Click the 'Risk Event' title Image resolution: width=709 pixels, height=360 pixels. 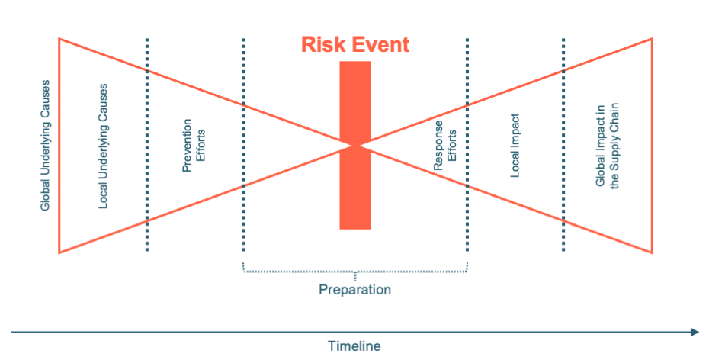[x=355, y=45]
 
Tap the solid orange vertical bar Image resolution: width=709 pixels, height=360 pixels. [x=355, y=145]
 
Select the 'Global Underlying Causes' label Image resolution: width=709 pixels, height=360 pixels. [x=45, y=145]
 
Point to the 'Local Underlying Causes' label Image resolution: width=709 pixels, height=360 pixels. [x=103, y=146]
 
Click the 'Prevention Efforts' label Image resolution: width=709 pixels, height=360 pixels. [x=194, y=145]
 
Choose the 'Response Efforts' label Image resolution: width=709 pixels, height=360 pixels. [x=445, y=145]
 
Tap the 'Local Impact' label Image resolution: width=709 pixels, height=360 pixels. [x=515, y=145]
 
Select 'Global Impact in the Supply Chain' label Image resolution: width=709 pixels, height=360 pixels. [x=607, y=145]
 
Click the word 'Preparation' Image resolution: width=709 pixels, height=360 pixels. [x=355, y=289]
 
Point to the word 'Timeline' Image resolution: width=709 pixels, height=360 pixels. [x=354, y=346]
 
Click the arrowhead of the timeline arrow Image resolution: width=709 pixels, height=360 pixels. [x=695, y=332]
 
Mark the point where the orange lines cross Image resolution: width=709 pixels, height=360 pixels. [x=356, y=145]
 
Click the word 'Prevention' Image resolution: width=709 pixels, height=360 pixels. [x=187, y=145]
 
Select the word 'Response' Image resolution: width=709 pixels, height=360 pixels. [x=438, y=145]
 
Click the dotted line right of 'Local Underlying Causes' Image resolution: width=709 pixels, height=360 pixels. [x=147, y=145]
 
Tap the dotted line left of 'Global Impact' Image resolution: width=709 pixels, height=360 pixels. [x=563, y=145]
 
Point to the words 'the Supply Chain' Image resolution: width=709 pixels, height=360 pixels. [x=614, y=145]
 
